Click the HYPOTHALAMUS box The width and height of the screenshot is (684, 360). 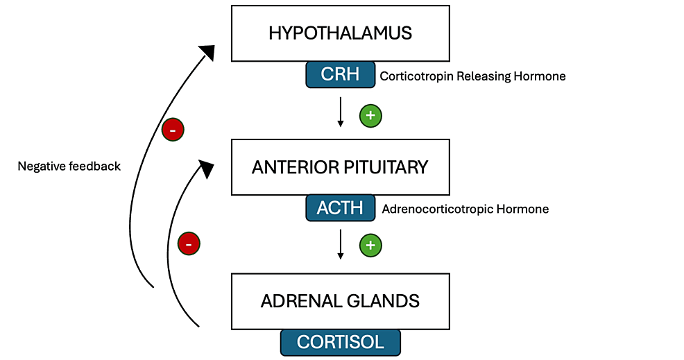coord(340,33)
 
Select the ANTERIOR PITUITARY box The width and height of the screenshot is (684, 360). coord(340,167)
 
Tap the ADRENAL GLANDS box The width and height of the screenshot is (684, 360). coord(340,302)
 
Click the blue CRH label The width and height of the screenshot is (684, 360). coord(340,75)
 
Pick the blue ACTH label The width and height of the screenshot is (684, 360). coord(340,207)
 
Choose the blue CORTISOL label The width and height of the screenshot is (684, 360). coord(340,343)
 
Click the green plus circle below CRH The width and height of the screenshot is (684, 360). coord(371,116)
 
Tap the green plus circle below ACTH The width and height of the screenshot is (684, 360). coord(371,246)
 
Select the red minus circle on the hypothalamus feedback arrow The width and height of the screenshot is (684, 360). coord(173,130)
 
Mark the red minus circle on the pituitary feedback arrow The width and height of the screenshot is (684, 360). coord(189,243)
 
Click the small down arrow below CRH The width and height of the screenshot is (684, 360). coord(340,112)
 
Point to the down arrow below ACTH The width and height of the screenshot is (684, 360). coord(340,244)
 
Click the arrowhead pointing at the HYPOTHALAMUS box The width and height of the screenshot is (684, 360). coord(207,52)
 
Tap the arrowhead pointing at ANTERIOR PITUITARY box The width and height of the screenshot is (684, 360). coord(207,169)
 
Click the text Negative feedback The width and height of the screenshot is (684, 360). coord(69,166)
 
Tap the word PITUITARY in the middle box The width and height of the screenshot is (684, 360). coord(386,167)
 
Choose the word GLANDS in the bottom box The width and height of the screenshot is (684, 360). coord(384,302)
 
